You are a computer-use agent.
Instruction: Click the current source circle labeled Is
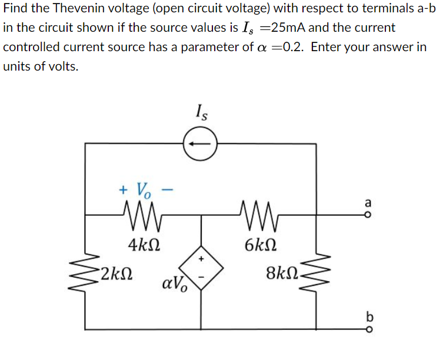201,143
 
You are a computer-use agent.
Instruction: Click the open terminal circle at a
369,215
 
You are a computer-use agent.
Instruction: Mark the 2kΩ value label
115,273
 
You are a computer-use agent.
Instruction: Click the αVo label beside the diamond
175,286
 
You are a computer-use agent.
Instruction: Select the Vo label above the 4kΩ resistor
144,190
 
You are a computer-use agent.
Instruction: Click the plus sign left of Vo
123,189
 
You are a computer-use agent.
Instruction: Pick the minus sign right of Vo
167,189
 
